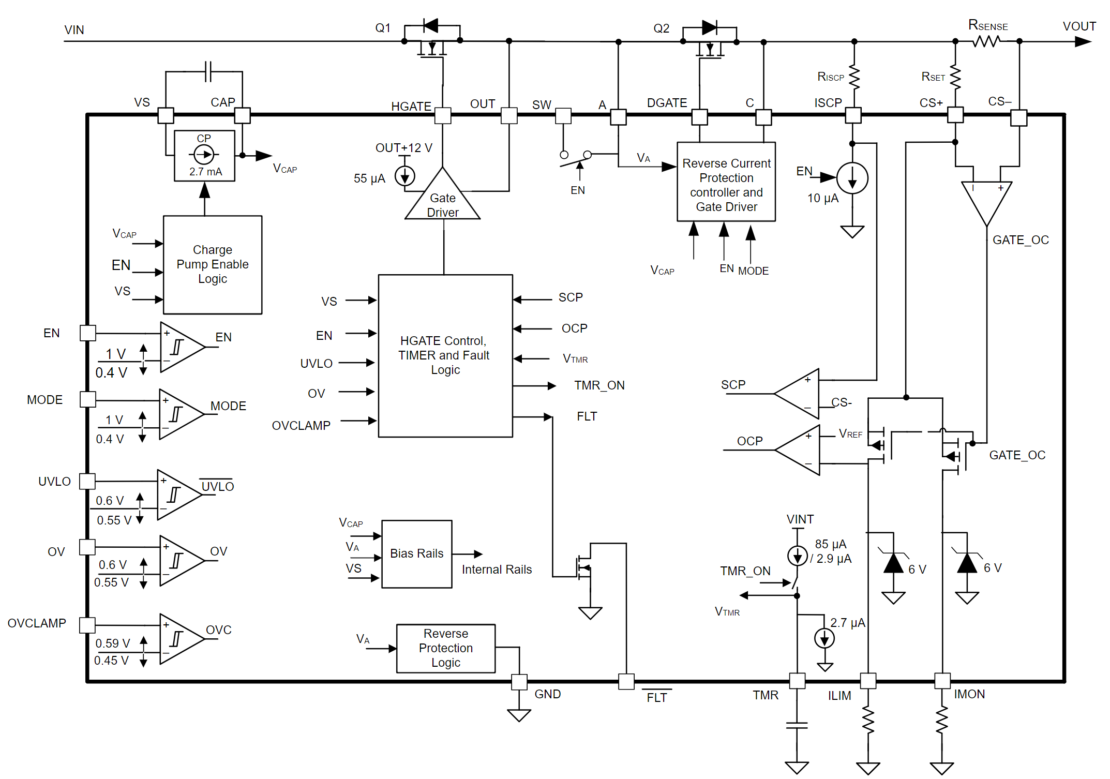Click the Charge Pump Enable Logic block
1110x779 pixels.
tap(212, 264)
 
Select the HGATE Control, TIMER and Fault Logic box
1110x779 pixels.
tap(445, 355)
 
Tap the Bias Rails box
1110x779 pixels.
tap(416, 553)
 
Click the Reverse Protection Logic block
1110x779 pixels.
tap(445, 648)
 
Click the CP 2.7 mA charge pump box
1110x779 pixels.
tap(204, 155)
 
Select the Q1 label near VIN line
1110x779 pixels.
tap(383, 28)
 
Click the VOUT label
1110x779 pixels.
tap(1079, 26)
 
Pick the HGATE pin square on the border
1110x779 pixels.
tap(443, 115)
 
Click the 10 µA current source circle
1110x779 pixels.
tap(852, 178)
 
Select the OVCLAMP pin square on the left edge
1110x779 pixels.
tap(87, 625)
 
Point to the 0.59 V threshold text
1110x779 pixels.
tap(112, 643)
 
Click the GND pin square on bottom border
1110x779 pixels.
tap(519, 682)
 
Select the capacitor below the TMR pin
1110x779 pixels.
tap(797, 725)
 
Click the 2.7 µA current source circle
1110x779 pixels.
tap(824, 638)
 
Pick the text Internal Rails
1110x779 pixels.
tap(497, 570)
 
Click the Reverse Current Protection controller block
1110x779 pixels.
tap(726, 182)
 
